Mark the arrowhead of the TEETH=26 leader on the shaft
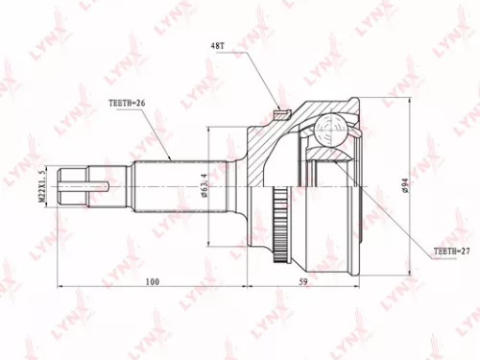171,158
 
